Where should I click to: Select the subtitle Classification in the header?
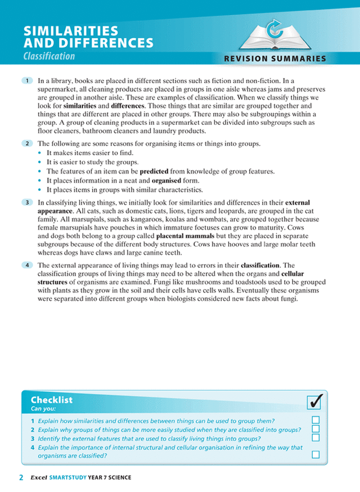[x=49, y=56]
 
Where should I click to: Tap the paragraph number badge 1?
[x=27, y=81]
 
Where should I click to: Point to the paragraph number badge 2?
[x=27, y=144]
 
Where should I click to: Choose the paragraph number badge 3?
[x=27, y=201]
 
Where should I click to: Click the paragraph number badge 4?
[x=27, y=265]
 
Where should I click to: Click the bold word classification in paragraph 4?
[x=260, y=265]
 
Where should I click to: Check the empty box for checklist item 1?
[x=316, y=419]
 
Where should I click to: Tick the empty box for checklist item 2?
[x=316, y=428]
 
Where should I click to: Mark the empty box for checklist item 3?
[x=316, y=437]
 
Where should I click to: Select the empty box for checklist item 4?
[x=316, y=454]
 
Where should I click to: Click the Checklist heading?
[x=52, y=400]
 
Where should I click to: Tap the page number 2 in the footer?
[x=21, y=477]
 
